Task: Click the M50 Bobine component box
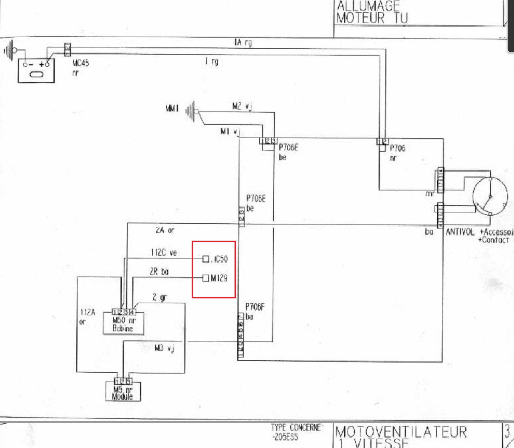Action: coord(123,324)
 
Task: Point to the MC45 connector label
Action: coord(81,63)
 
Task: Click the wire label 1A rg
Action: coord(243,43)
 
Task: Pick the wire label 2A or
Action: coord(165,230)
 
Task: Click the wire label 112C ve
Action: coord(164,252)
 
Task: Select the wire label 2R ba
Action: coord(159,272)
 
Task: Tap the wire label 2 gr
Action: coord(160,297)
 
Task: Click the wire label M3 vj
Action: coord(165,348)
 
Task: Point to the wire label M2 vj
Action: coord(242,106)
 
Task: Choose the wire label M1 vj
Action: coord(230,132)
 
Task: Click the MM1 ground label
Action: coord(172,108)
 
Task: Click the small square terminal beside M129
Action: coord(206,278)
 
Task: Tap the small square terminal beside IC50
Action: coord(206,259)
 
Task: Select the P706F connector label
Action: coord(255,307)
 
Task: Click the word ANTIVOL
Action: coord(460,232)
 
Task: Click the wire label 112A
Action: coord(88,312)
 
